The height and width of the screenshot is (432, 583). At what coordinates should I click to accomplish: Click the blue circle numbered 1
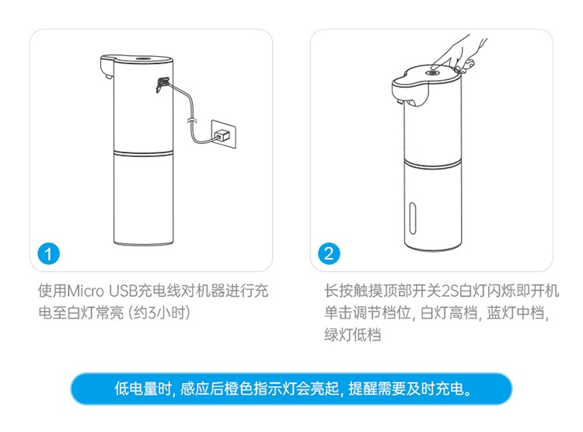(48, 254)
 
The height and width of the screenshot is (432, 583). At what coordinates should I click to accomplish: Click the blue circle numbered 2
(329, 253)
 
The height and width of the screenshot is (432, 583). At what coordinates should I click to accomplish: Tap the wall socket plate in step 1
(224, 134)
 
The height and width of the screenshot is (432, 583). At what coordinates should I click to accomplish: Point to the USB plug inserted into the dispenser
(162, 85)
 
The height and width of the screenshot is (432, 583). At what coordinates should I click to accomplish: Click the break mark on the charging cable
(191, 120)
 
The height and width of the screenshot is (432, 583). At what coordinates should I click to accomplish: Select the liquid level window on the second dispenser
(412, 218)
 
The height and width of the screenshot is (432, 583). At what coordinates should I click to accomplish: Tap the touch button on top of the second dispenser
(432, 73)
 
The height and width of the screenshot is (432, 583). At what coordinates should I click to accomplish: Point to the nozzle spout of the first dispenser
(109, 77)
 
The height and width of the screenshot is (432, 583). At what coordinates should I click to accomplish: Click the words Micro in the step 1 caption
(86, 291)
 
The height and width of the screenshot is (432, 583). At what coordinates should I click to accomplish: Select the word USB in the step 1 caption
(123, 291)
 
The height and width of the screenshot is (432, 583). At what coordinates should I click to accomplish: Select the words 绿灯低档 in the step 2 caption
(352, 335)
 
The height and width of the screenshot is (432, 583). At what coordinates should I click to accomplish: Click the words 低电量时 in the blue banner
(142, 388)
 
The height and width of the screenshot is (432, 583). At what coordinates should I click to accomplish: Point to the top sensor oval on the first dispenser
(143, 58)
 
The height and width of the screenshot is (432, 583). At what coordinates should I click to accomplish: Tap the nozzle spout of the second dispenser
(400, 101)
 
